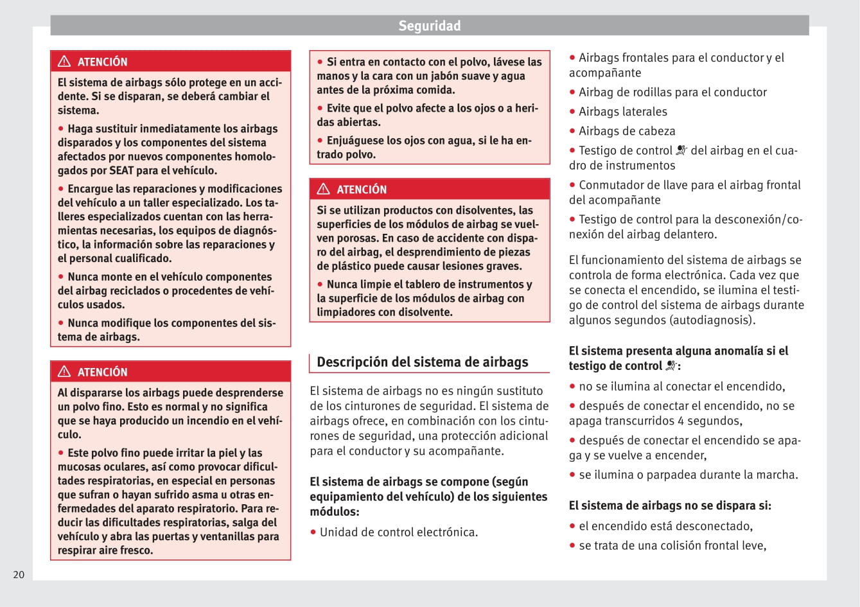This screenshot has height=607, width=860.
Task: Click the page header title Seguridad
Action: coord(429,26)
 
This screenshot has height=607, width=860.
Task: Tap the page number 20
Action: coord(19,575)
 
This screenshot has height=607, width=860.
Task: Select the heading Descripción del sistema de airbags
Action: coord(423,362)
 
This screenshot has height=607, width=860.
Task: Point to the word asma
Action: coord(191,495)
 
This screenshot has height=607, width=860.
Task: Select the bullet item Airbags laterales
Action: coord(622,112)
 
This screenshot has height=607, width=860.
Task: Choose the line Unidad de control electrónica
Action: coord(398,532)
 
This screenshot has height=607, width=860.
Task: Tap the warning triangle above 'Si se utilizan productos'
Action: coord(323,189)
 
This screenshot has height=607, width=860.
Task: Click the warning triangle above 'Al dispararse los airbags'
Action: coord(64,372)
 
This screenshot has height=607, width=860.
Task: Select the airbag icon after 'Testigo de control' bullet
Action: coord(681,150)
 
